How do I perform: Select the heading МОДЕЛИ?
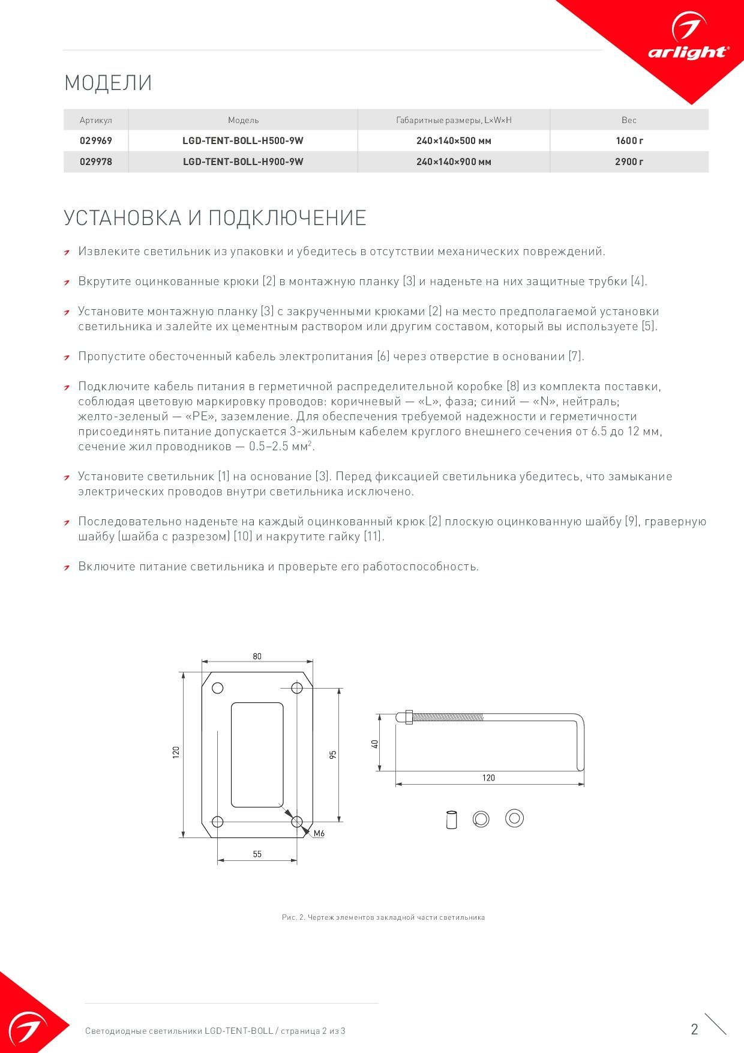click(x=108, y=83)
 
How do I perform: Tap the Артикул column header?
click(x=96, y=120)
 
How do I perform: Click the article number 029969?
click(x=96, y=141)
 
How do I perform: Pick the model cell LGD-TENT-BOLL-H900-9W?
click(x=243, y=161)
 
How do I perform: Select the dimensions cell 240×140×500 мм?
click(x=454, y=141)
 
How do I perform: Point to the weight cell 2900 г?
click(x=629, y=161)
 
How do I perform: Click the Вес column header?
click(x=629, y=120)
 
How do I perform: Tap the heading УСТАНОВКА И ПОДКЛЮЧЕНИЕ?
click(x=215, y=217)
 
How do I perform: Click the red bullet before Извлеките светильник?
click(x=68, y=252)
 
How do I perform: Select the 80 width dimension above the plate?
click(x=257, y=656)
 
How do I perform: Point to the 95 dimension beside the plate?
click(x=333, y=754)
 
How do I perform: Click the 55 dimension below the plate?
click(x=257, y=854)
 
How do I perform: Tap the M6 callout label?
click(x=319, y=833)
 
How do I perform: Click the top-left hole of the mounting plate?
click(x=218, y=688)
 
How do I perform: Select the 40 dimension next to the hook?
click(x=374, y=743)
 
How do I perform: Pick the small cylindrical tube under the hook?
click(x=451, y=819)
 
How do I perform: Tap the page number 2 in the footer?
click(x=694, y=1029)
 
